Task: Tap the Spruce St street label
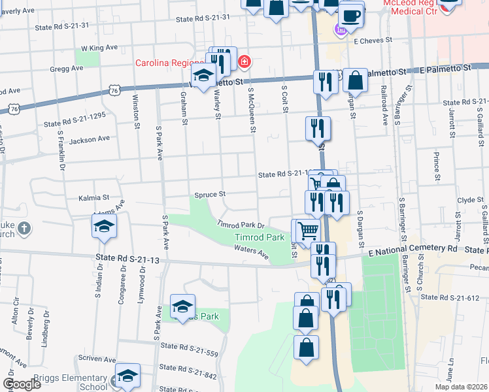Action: point(210,194)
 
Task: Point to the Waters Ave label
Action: point(252,253)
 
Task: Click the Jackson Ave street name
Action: point(90,139)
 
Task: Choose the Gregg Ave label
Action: point(67,68)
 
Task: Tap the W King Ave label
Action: point(99,48)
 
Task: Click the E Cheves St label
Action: point(373,40)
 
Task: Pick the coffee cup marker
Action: point(350,14)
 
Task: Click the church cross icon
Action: point(24,228)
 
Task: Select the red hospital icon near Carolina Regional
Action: point(244,63)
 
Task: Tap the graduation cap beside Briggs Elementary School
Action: point(127,376)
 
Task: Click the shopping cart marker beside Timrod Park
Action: point(307,230)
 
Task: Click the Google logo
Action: point(22,384)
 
